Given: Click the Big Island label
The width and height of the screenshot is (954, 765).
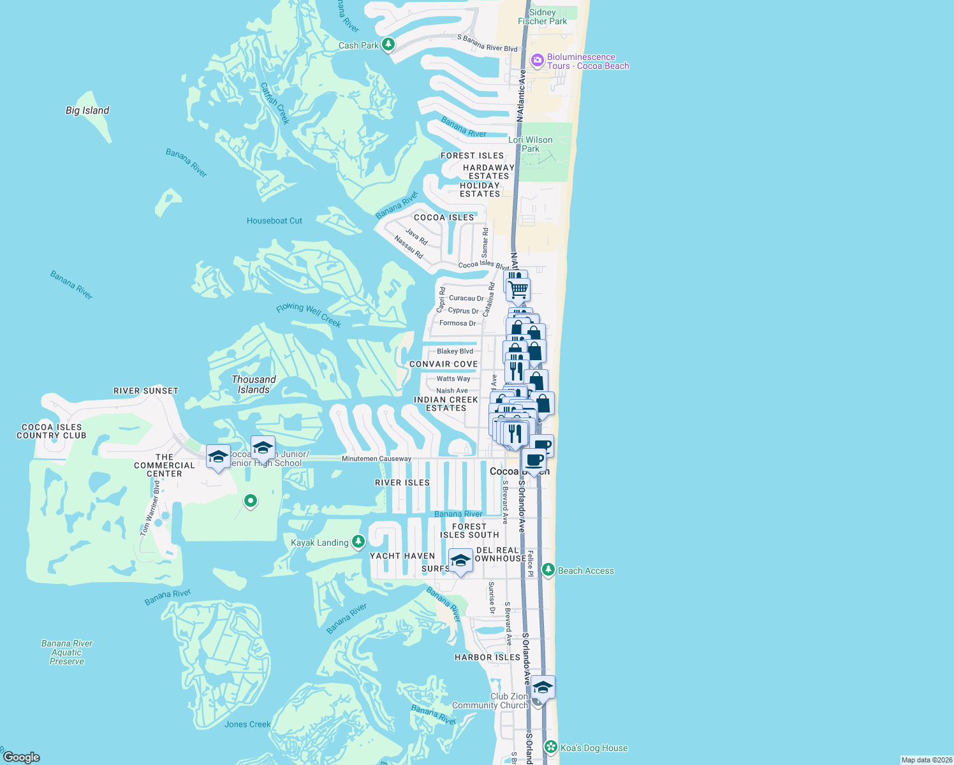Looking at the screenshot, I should coord(87,110).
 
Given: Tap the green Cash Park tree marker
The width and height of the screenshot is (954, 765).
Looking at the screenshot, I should coord(388,45).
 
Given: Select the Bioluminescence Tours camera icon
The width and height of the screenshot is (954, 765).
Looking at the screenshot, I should coord(537,61).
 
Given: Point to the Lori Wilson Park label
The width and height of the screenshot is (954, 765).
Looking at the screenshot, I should coord(531,144).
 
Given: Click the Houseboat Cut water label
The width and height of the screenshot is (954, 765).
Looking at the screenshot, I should coord(274,221).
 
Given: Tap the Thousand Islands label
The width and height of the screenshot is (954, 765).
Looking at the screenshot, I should coord(254,384).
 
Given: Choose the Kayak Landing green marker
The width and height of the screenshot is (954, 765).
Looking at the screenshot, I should coord(358,542).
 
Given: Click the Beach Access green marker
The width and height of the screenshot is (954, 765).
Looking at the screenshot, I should coord(548,570).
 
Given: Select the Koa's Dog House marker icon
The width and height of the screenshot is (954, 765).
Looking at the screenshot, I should coord(551,747).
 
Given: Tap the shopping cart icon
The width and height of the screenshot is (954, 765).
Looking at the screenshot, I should coord(518,289).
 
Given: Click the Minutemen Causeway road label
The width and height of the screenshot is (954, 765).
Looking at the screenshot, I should coord(376,459).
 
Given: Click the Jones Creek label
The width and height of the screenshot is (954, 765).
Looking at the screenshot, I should coord(247,724).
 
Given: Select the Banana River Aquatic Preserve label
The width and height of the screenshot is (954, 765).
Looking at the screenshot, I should coord(67,652).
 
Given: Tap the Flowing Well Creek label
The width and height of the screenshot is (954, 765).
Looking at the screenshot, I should coord(309,315).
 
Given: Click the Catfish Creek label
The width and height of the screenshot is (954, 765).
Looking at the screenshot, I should coord(275,103).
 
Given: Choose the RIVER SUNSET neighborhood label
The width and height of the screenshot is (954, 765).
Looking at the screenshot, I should coord(146,391).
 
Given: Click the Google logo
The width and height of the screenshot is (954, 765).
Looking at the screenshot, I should coord(21,757).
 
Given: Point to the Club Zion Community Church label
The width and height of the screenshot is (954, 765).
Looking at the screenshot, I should coord(490,701).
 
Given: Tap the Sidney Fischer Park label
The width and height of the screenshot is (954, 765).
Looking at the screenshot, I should coord(542,17).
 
